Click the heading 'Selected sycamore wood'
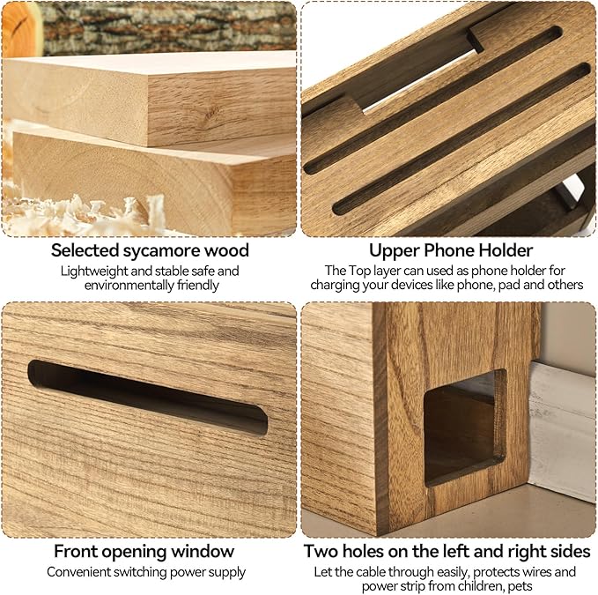pos(150,250)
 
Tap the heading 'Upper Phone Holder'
pos(450,250)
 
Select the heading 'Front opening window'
pos(144,552)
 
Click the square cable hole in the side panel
pos(465,428)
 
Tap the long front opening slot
pos(148,398)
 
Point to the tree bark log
pos(168,27)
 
